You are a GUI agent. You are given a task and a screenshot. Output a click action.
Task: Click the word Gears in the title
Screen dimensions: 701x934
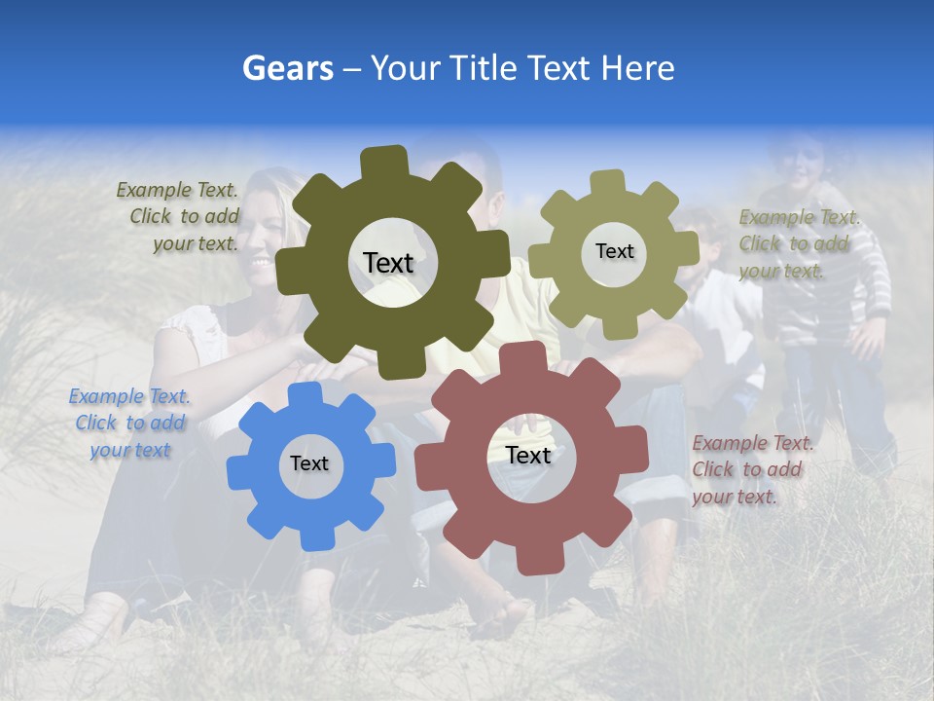click(287, 68)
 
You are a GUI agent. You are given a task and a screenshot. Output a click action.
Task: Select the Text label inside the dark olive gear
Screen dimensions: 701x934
click(388, 263)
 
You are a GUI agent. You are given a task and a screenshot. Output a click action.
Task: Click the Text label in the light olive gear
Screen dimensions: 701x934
click(614, 251)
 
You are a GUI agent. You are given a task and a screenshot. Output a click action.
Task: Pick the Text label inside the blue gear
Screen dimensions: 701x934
click(309, 463)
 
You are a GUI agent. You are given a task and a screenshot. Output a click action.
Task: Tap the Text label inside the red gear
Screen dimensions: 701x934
click(528, 455)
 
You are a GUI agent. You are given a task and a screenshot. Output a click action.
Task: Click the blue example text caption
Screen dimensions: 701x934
click(129, 424)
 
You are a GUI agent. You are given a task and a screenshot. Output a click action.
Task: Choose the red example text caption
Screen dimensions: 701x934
click(752, 470)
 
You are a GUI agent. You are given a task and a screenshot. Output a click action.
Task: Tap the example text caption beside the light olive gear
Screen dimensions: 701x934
click(799, 244)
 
